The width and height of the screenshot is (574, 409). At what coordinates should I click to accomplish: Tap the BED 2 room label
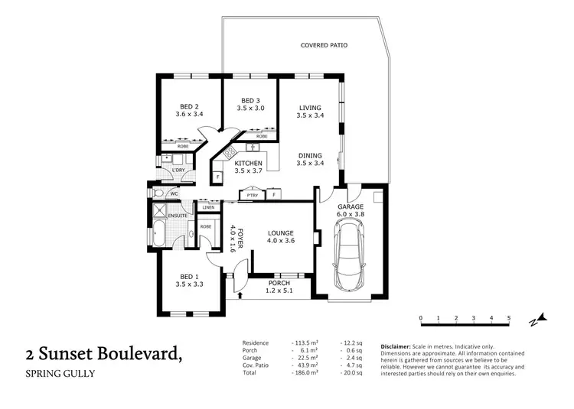click(189, 106)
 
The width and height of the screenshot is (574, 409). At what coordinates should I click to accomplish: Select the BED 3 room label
click(250, 101)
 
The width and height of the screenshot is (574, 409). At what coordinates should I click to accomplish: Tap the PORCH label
click(279, 283)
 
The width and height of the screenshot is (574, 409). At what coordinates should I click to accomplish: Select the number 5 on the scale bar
click(509, 318)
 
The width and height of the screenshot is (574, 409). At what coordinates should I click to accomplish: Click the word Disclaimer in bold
click(396, 346)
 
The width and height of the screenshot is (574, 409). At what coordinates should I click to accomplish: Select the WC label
click(174, 194)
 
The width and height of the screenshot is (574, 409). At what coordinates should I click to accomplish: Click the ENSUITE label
click(178, 216)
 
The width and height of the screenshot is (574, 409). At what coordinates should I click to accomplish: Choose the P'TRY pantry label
click(249, 195)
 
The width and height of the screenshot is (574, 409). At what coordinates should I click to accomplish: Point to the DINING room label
click(310, 156)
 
